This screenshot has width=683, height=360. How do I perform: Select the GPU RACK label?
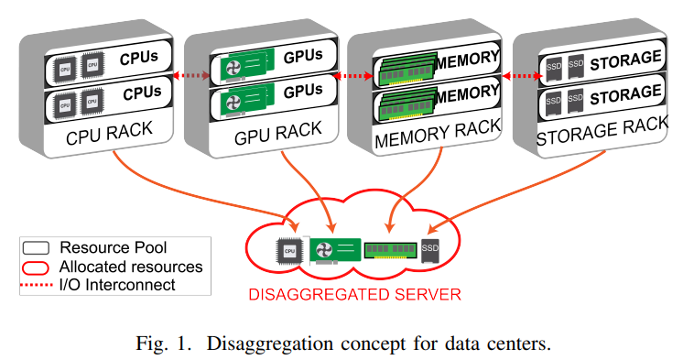coord(269,136)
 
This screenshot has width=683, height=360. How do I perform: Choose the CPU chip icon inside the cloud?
coord(288,250)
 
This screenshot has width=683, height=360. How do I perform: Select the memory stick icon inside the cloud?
coord(389,250)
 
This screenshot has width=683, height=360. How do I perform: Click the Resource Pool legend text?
coord(113,248)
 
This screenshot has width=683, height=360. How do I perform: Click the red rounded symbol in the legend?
coord(38,267)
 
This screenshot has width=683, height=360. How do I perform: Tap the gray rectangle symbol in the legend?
coord(38,248)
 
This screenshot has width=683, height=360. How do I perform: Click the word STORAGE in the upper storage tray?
coord(623,60)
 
